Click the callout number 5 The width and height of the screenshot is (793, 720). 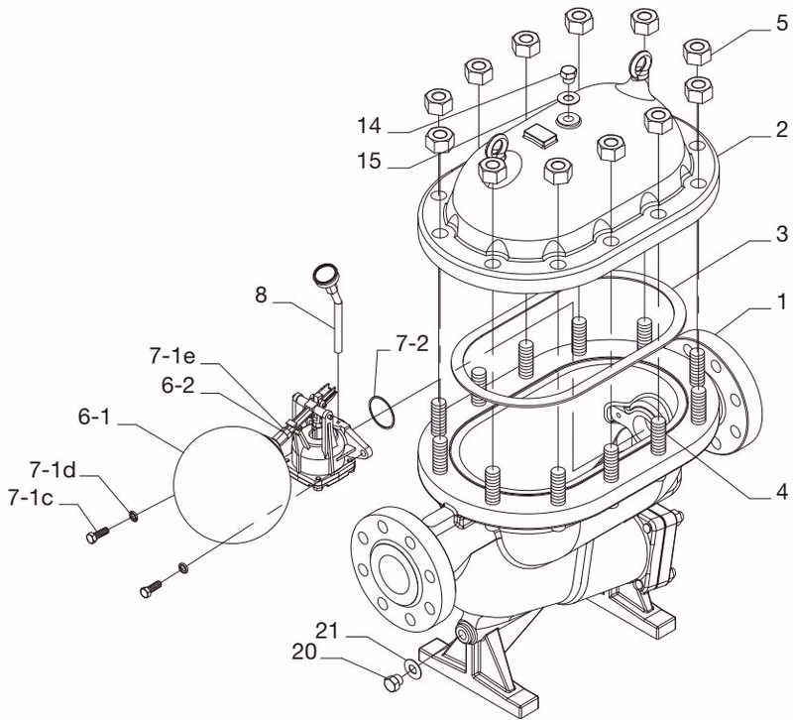pos(781,23)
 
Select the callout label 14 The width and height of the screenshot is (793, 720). pos(369,126)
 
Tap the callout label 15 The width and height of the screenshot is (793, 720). pos(369,161)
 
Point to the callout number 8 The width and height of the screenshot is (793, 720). pos(261,295)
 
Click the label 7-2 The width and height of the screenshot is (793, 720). pos(411,344)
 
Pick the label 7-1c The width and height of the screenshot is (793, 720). pos(31,498)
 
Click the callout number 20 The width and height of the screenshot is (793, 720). pos(304,653)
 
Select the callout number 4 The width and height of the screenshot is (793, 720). pos(782,491)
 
